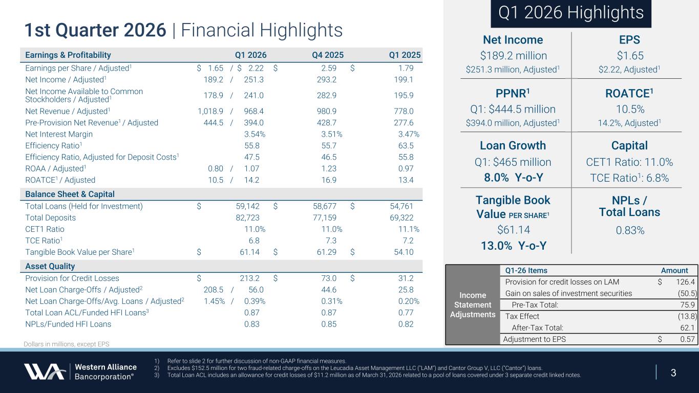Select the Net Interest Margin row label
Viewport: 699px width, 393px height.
(59, 134)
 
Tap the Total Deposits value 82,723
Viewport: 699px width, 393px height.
(246, 217)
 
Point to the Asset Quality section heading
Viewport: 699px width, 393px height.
(50, 266)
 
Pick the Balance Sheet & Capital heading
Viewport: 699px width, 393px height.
(70, 194)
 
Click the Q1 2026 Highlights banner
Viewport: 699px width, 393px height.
(571, 13)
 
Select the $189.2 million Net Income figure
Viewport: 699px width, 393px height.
(513, 55)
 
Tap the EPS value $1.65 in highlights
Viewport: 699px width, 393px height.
(630, 55)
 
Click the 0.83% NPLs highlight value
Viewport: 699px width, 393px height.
(630, 230)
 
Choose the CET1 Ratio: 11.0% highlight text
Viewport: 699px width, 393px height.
(630, 162)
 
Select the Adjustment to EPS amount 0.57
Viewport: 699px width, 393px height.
(687, 339)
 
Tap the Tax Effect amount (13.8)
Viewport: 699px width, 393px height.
(687, 316)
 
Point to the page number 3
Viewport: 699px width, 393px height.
(673, 373)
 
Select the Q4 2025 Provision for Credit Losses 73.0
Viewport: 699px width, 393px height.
(328, 278)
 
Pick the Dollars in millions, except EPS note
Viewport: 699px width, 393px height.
(67, 344)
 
